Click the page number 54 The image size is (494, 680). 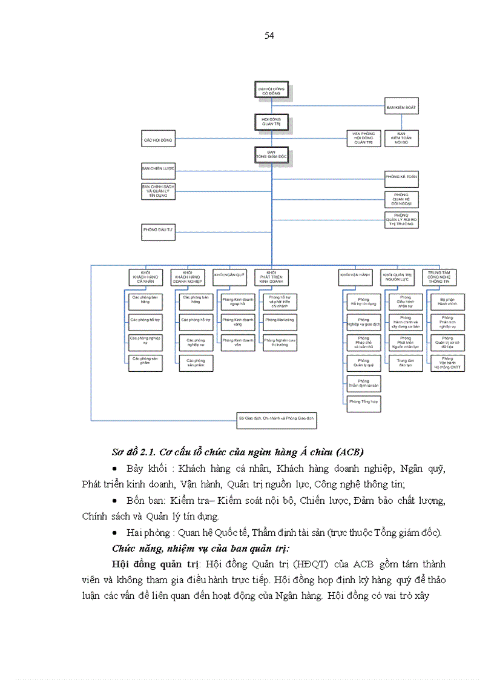[x=269, y=36]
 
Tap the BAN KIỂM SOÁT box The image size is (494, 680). [x=401, y=108]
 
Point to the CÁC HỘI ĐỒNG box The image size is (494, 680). [x=158, y=140]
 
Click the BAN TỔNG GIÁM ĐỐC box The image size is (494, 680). [x=271, y=154]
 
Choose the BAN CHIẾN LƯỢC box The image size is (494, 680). [x=158, y=168]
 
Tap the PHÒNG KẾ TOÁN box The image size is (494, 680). [x=401, y=179]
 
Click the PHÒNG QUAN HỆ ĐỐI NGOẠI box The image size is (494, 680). [x=401, y=199]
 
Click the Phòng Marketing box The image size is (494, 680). [x=279, y=322]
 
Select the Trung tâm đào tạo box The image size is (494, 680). [x=405, y=362]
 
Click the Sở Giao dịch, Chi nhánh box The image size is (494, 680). [x=277, y=420]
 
